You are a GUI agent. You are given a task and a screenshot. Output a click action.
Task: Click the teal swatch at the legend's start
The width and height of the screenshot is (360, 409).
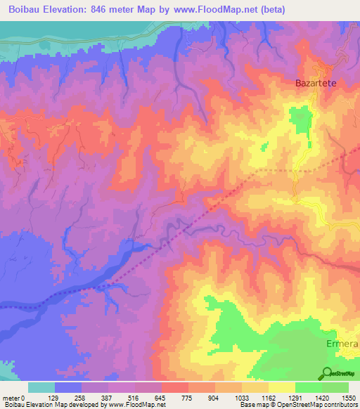pos(41,387)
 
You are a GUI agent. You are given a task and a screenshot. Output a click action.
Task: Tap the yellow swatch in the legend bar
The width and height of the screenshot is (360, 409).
pos(281,387)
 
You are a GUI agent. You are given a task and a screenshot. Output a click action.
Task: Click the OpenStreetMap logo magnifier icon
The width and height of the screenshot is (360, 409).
pos(328,372)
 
